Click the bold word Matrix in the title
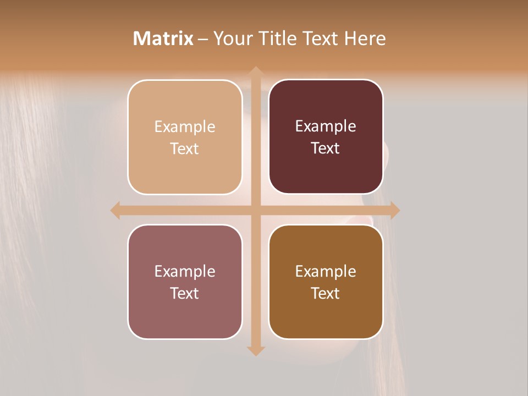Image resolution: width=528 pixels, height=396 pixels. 163,38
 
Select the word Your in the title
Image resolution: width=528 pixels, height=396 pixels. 230,38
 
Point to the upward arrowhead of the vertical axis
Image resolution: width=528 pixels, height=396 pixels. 255,71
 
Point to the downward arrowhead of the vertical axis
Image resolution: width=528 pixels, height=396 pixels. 255,351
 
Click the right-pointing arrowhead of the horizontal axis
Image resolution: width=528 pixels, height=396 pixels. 395,210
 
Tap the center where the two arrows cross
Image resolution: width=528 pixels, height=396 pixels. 255,210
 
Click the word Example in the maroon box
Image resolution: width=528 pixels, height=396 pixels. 326,127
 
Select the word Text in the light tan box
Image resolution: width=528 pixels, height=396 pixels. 185,148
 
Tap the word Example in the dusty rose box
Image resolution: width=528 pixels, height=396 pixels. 185,271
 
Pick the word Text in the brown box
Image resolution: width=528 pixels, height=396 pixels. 326,293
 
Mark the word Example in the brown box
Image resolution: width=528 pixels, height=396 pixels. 326,271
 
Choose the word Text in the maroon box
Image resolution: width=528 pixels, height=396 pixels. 326,148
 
